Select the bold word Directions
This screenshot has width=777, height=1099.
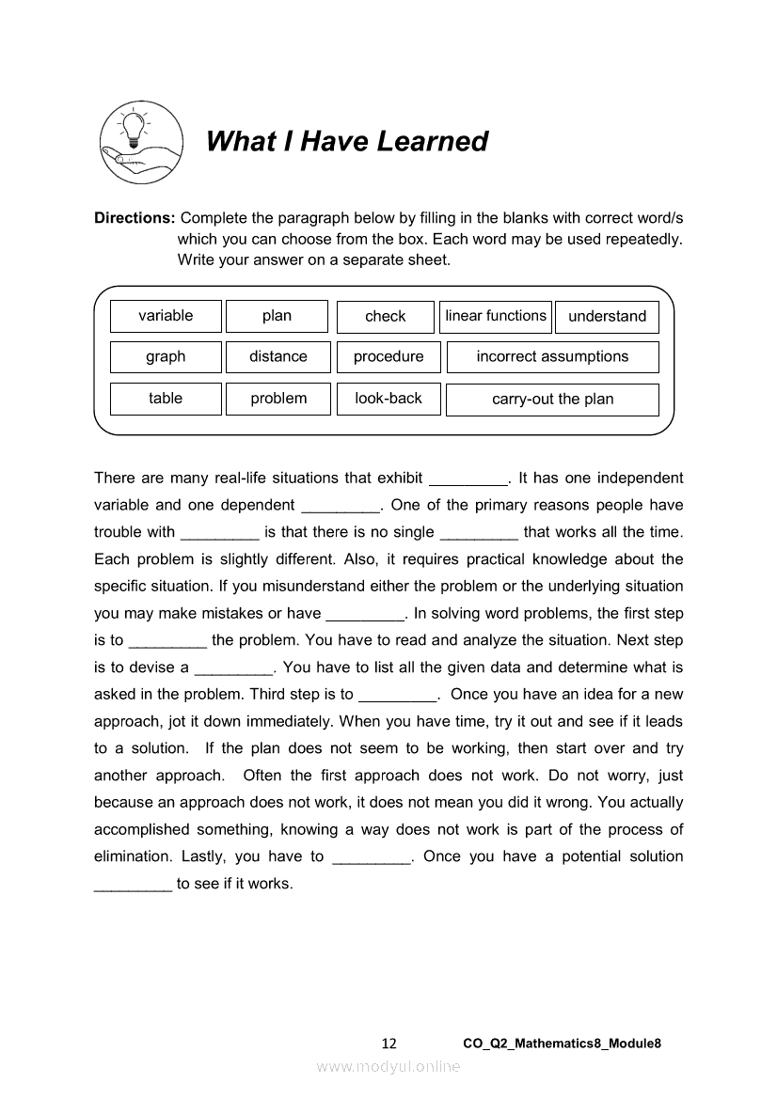[135, 218]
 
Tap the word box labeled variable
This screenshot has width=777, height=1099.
[166, 316]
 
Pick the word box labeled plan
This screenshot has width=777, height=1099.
[277, 316]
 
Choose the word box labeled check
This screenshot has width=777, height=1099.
[386, 317]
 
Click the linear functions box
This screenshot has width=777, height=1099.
[496, 316]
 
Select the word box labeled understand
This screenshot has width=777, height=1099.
[607, 317]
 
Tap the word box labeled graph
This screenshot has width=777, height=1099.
[166, 357]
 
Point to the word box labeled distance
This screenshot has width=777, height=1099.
[278, 357]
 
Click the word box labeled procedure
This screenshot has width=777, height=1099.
[388, 357]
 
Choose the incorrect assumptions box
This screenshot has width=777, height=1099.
[552, 357]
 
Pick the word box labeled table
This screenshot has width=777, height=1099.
[166, 399]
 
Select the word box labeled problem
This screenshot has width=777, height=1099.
[278, 399]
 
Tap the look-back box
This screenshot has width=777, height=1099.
[388, 399]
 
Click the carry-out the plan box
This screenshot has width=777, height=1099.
[552, 400]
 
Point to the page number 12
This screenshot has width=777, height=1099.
[389, 1044]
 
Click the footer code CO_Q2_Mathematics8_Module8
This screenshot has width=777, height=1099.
[563, 1044]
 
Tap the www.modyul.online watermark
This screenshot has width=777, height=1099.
[388, 1066]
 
